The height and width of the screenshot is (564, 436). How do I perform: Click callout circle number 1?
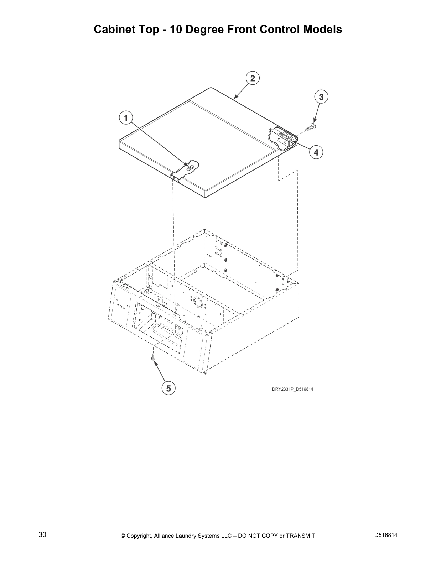126,117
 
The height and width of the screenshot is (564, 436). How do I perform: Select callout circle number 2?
253,78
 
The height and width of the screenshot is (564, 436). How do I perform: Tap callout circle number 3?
321,97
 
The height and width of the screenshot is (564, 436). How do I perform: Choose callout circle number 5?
168,388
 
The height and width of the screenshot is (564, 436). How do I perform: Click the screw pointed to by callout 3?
312,126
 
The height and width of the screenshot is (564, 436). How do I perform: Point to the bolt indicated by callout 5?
153,357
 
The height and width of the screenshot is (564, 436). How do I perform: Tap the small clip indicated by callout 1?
191,166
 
